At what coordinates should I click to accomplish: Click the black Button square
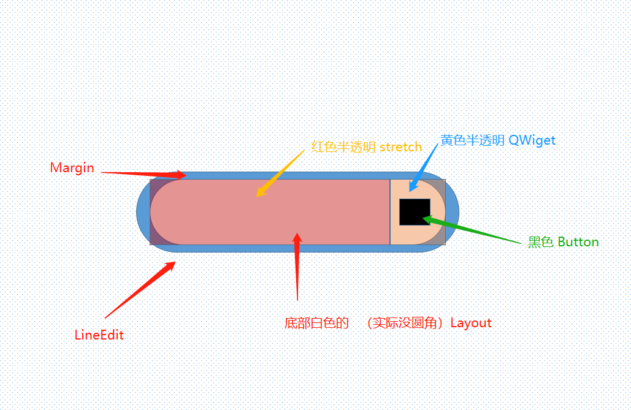[x=415, y=212]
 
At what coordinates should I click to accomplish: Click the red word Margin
[x=72, y=168]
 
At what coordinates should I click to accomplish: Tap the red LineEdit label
[x=99, y=335]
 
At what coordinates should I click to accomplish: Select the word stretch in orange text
[x=400, y=147]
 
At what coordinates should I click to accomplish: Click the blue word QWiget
[x=532, y=140]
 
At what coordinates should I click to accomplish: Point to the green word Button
[x=578, y=242]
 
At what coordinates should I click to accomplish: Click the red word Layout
[x=471, y=323]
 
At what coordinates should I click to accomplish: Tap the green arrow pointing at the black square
[x=471, y=230]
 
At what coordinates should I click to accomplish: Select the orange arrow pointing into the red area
[x=280, y=173]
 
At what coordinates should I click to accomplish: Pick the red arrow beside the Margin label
[x=143, y=174]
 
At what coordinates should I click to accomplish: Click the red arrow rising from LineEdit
[x=140, y=290]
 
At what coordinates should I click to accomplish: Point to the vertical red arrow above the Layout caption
[x=297, y=267]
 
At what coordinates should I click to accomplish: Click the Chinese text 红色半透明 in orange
[x=343, y=147]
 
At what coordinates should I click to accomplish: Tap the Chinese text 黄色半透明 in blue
[x=472, y=140]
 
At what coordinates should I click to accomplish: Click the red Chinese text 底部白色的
[x=316, y=323]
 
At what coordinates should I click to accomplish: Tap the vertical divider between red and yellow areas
[x=390, y=212]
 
